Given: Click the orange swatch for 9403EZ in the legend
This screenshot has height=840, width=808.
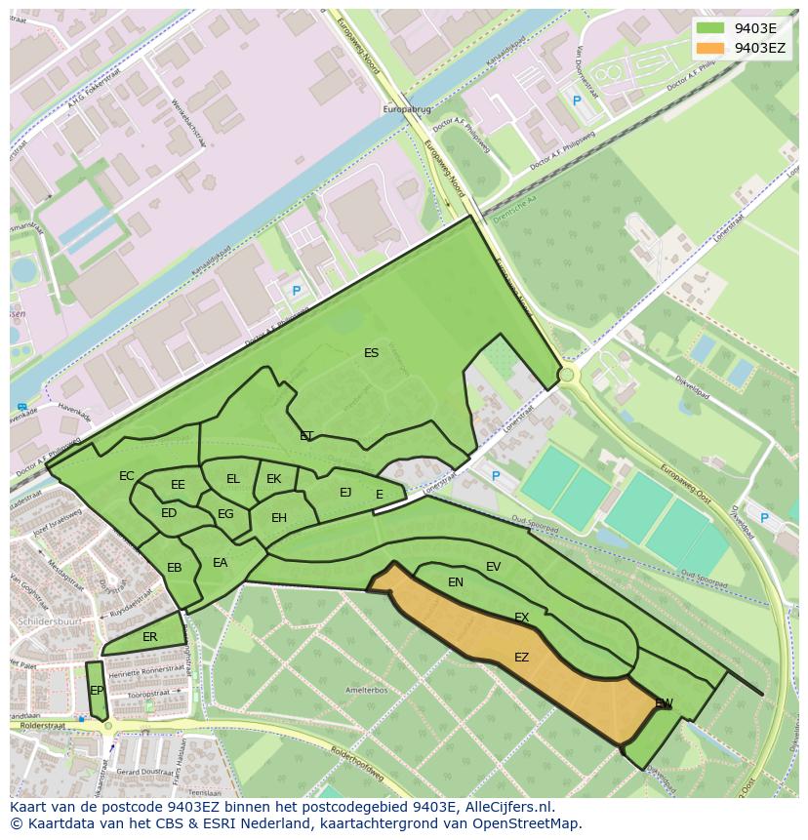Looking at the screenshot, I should tap(710, 48).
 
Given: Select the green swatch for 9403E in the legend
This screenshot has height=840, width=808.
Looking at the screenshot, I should tap(710, 28).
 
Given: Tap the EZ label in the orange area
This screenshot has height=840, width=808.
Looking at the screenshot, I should tap(521, 658).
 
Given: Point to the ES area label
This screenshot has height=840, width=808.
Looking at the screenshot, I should tap(371, 353).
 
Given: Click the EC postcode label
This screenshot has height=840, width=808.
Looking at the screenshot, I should tap(127, 476).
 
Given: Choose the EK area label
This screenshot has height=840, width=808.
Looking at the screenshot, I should tap(273, 479).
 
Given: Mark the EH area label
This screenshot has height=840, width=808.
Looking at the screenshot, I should tap(279, 518).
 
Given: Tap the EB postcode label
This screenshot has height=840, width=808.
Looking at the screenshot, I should tap(175, 568).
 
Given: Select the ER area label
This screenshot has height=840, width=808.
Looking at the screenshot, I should tap(149, 637).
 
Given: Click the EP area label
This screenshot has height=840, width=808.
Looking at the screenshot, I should tap(97, 691).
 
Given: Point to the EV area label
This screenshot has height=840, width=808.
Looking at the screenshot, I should tap(493, 567).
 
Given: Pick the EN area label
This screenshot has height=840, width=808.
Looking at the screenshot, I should tap(456, 582).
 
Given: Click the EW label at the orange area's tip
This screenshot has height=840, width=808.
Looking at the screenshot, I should tap(664, 703).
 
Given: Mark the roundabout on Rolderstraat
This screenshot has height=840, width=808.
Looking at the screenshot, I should tap(108, 725).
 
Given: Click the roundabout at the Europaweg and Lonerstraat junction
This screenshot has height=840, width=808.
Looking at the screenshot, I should tap(566, 375).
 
